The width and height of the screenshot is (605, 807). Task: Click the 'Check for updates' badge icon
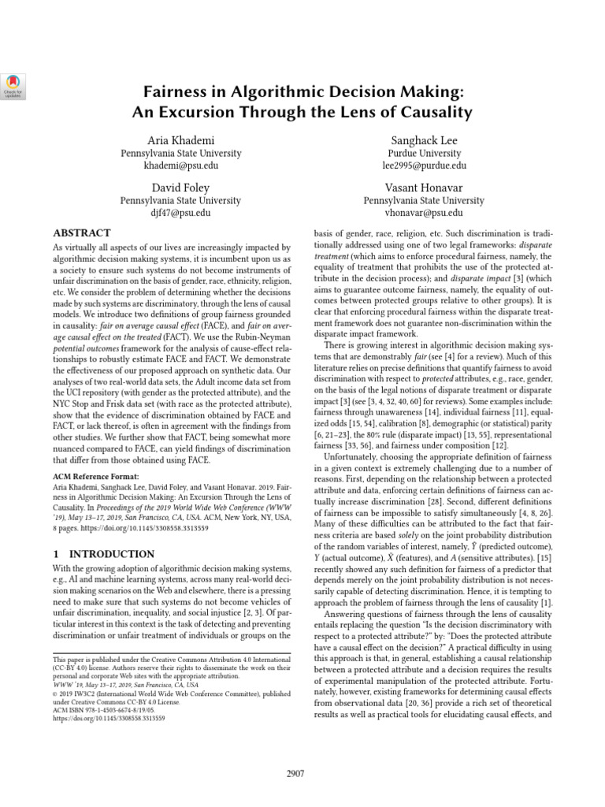click(x=14, y=84)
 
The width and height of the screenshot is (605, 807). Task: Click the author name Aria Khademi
click(x=180, y=139)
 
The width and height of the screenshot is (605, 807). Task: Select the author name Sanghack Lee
click(x=424, y=139)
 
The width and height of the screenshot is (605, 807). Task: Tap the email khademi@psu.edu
click(x=180, y=166)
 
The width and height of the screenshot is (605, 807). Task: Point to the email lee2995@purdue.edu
click(x=424, y=166)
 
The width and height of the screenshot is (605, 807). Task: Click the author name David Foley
click(x=180, y=188)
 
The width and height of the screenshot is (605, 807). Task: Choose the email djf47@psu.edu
click(x=180, y=214)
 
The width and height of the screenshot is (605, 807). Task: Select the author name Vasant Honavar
click(x=424, y=188)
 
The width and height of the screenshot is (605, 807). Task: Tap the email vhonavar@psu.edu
click(x=424, y=214)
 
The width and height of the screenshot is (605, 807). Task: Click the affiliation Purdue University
click(x=424, y=153)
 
